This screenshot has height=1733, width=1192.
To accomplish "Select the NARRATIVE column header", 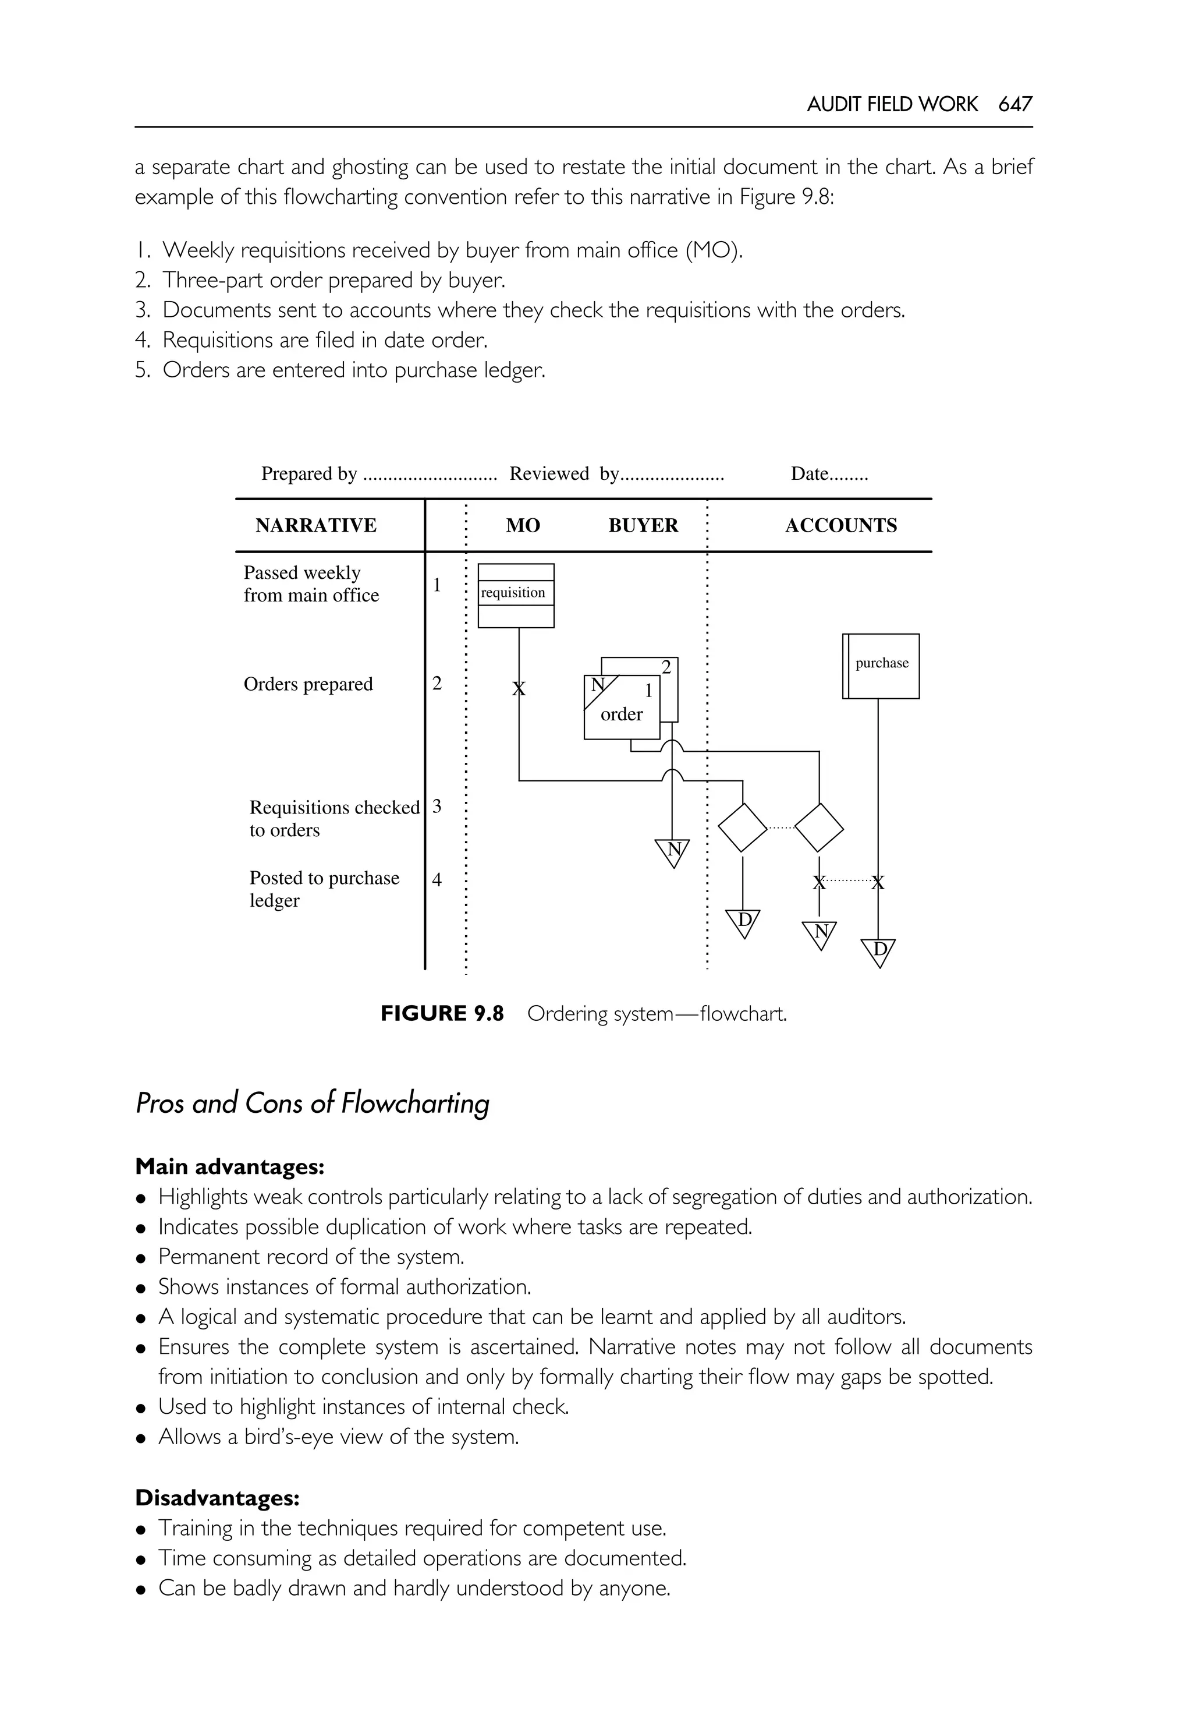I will coord(316,525).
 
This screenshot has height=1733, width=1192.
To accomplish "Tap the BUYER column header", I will coord(643,525).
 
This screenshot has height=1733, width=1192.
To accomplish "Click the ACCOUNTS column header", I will coord(841,525).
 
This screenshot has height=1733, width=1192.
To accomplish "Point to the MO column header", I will coord(523,525).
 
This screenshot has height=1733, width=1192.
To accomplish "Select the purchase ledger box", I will coord(881,666).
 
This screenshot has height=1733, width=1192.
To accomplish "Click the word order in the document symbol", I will coord(622,715).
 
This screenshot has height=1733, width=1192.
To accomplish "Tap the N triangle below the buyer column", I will coord(673,851).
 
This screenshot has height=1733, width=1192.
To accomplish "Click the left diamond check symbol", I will coord(743,827).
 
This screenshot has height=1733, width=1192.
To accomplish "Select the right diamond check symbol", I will coord(819,827).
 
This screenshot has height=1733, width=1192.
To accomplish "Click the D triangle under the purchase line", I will coord(879,952).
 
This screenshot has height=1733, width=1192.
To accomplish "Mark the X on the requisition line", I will coord(519,689).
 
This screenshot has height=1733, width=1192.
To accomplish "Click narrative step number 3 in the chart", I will coord(437,807).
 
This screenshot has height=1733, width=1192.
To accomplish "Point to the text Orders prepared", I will coord(308,685).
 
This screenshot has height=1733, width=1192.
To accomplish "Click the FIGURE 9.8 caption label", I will coord(442,1013).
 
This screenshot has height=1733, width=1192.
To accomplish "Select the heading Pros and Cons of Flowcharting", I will coord(312,1103).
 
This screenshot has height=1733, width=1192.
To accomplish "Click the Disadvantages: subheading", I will coord(217,1498).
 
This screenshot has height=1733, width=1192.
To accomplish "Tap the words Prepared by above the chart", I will coord(308,474).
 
